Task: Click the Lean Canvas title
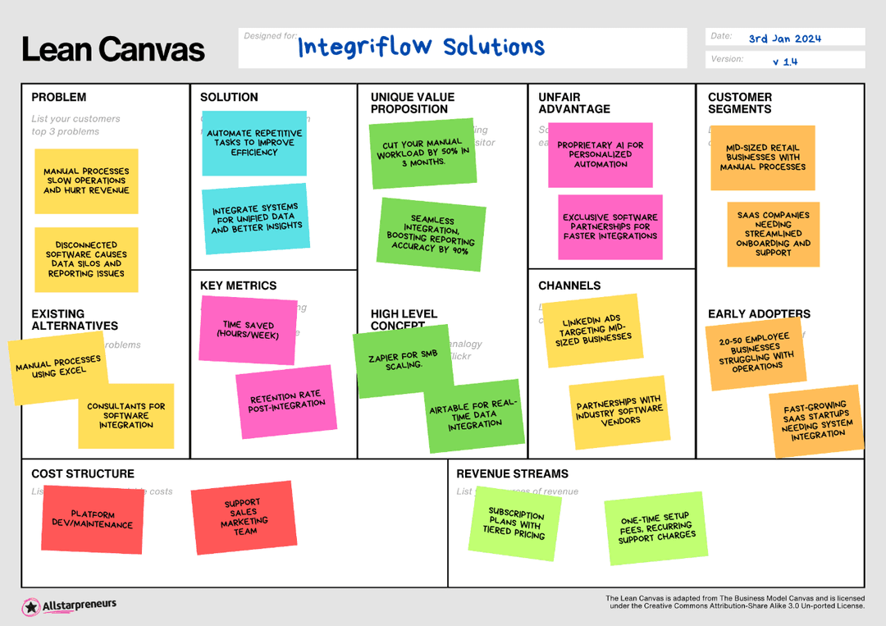click(x=113, y=50)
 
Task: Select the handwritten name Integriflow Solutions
click(x=421, y=47)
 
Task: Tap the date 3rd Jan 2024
click(x=784, y=39)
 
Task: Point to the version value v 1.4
click(x=784, y=62)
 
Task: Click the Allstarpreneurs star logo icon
click(x=31, y=607)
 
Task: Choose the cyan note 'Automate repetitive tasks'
click(x=254, y=143)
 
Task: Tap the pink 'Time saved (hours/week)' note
click(x=249, y=330)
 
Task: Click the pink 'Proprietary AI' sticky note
click(x=601, y=154)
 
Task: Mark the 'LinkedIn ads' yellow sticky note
click(x=591, y=330)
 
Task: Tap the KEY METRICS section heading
click(x=238, y=286)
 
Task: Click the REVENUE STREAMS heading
click(x=512, y=473)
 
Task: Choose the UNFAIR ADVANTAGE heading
click(x=574, y=103)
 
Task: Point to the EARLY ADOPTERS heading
click(x=759, y=313)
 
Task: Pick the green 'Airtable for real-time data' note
click(x=475, y=415)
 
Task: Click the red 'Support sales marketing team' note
click(x=244, y=517)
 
